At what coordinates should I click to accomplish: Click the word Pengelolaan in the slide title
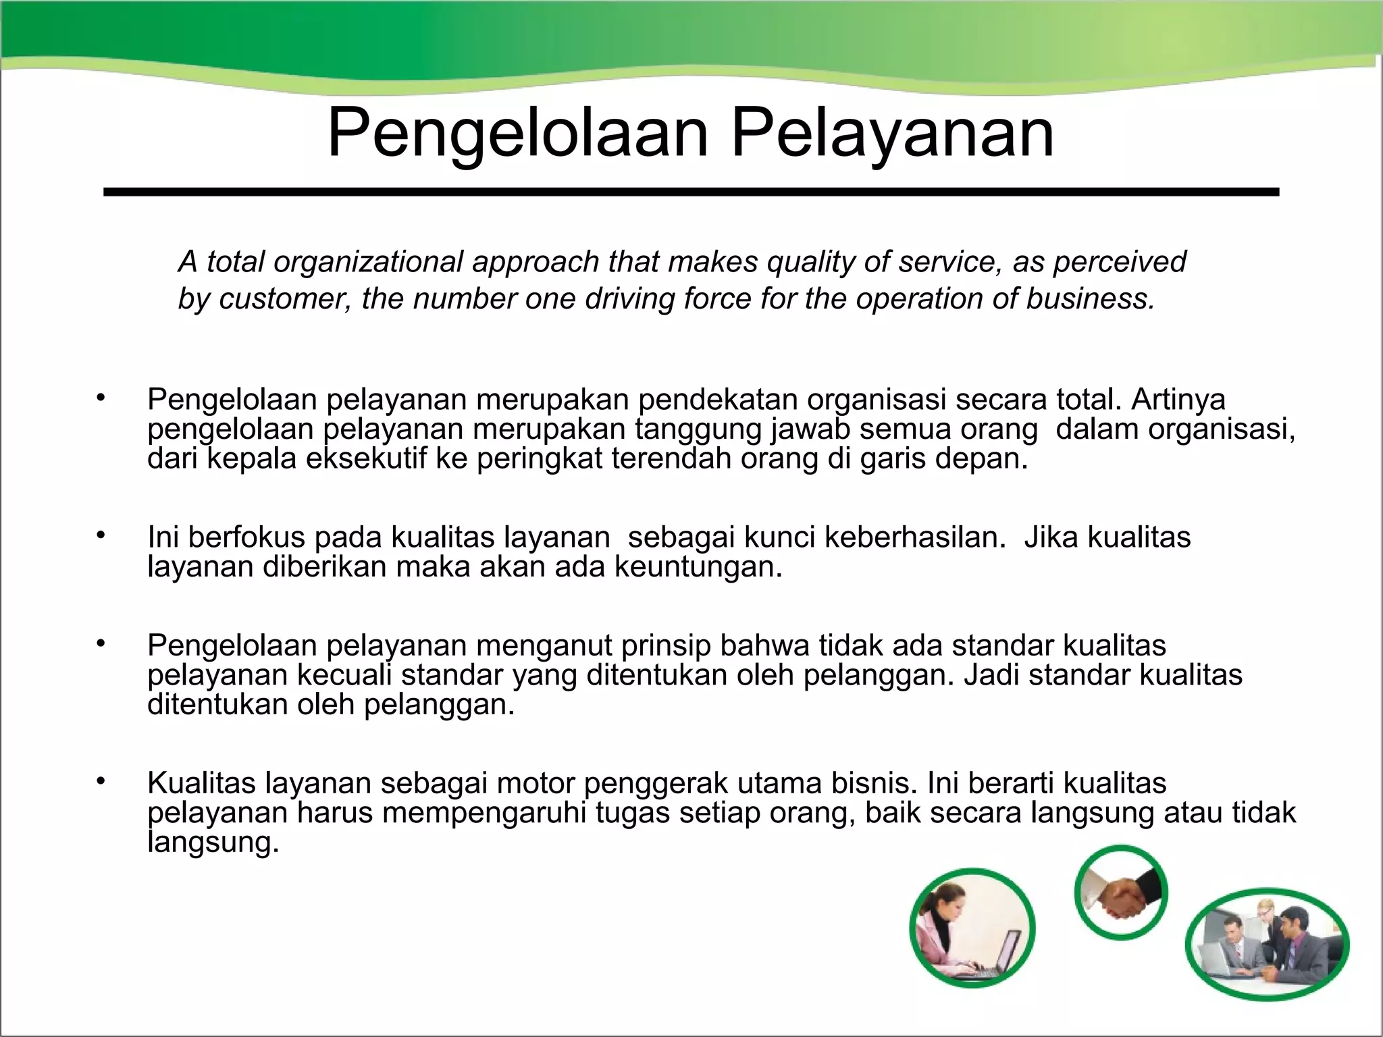tap(517, 135)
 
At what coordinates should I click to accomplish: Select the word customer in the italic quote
tap(284, 298)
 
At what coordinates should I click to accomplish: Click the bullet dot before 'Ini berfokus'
tap(101, 535)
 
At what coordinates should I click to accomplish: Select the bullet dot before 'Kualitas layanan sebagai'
tap(101, 782)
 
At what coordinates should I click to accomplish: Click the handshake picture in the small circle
tap(1121, 893)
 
